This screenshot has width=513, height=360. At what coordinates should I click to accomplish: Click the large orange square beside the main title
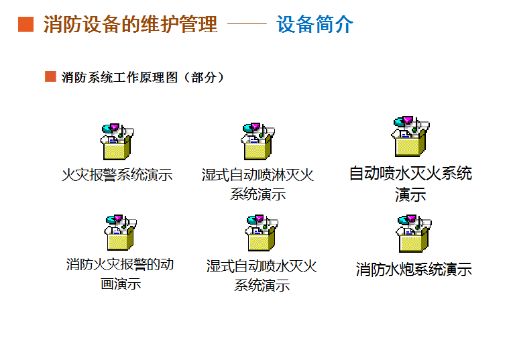pyautogui.click(x=26, y=25)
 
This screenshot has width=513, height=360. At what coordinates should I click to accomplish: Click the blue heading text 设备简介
pyautogui.click(x=315, y=24)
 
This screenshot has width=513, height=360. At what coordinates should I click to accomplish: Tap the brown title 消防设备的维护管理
pyautogui.click(x=130, y=24)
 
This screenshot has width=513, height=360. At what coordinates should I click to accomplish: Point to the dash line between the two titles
pyautogui.click(x=247, y=23)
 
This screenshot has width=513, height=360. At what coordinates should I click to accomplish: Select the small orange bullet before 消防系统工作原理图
pyautogui.click(x=50, y=76)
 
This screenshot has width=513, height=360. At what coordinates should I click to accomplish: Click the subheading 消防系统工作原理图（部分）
pyautogui.click(x=143, y=78)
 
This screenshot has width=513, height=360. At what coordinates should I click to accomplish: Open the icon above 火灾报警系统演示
pyautogui.click(x=117, y=141)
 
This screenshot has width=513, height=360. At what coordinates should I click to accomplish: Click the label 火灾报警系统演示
pyautogui.click(x=117, y=175)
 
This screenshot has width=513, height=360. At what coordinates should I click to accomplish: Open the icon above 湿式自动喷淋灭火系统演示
pyautogui.click(x=258, y=141)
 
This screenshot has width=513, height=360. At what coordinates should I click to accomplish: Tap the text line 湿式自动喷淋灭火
pyautogui.click(x=258, y=175)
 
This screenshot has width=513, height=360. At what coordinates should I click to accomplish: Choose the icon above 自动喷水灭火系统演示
pyautogui.click(x=410, y=136)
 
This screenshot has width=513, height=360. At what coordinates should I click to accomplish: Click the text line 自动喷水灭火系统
pyautogui.click(x=410, y=174)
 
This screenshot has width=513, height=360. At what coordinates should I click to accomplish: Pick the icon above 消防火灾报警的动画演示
pyautogui.click(x=120, y=233)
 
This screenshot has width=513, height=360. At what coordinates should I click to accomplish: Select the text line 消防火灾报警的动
pyautogui.click(x=120, y=264)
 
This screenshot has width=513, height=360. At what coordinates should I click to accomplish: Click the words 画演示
pyautogui.click(x=121, y=284)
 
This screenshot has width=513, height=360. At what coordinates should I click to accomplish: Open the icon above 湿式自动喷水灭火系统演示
pyautogui.click(x=262, y=233)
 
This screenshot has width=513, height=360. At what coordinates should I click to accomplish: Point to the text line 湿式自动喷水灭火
pyautogui.click(x=262, y=266)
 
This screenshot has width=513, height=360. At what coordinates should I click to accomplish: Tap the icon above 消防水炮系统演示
pyautogui.click(x=414, y=233)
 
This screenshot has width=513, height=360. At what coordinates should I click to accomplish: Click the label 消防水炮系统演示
pyautogui.click(x=414, y=269)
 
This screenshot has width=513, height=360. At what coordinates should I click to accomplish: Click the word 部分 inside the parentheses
pyautogui.click(x=204, y=78)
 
